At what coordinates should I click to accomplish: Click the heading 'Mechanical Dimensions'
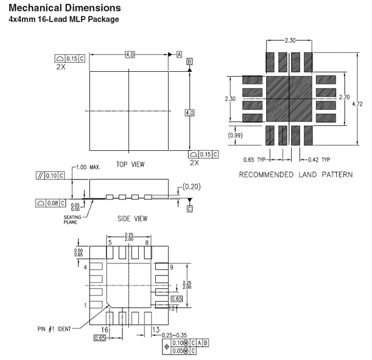(x=65, y=8)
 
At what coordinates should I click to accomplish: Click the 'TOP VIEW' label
(x=130, y=164)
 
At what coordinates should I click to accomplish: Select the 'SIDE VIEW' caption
(x=132, y=218)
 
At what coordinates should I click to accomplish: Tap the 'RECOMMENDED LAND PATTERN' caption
(x=296, y=175)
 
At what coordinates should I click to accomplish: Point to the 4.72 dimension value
(x=357, y=104)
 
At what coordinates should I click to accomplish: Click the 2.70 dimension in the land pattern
(x=344, y=97)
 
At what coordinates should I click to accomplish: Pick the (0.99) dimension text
(x=235, y=136)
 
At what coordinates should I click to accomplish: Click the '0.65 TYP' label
(x=254, y=160)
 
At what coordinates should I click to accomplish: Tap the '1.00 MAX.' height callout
(x=88, y=167)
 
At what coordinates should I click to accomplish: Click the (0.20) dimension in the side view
(x=191, y=187)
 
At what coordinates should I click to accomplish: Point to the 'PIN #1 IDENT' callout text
(x=54, y=329)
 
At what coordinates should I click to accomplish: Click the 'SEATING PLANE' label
(x=72, y=220)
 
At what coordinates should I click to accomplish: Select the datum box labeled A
(x=180, y=55)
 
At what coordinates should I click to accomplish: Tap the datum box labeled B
(x=189, y=61)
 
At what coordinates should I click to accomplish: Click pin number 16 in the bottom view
(x=105, y=330)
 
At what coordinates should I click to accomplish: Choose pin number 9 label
(x=172, y=268)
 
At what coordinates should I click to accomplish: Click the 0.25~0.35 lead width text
(x=174, y=335)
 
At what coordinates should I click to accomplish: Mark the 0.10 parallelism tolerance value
(x=51, y=176)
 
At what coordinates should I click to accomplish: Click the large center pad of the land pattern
(x=289, y=99)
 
